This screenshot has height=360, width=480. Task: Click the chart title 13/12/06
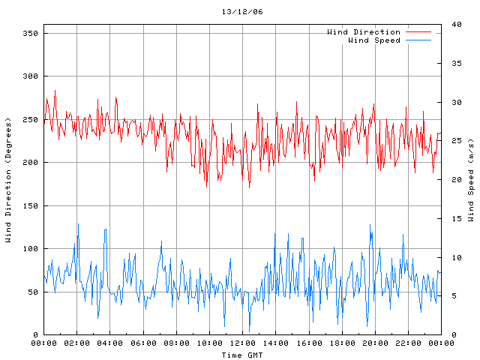(x=242, y=12)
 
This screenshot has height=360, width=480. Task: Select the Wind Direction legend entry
(x=363, y=32)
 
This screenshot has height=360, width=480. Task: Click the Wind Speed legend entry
(x=373, y=40)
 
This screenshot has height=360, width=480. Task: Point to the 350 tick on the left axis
(x=30, y=34)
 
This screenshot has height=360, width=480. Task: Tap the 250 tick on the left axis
(x=30, y=120)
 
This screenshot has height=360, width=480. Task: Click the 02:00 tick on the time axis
(x=76, y=343)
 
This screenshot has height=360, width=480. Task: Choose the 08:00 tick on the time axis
(x=176, y=343)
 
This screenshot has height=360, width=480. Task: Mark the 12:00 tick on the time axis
(x=242, y=343)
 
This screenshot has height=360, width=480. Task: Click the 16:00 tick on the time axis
(x=308, y=343)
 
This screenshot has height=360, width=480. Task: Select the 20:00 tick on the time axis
(x=374, y=343)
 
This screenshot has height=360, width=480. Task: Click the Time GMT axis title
(x=242, y=354)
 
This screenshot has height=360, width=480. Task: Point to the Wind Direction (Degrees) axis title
(x=7, y=180)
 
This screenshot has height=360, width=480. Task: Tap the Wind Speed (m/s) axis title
(x=471, y=180)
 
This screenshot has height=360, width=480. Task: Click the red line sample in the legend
(x=419, y=32)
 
